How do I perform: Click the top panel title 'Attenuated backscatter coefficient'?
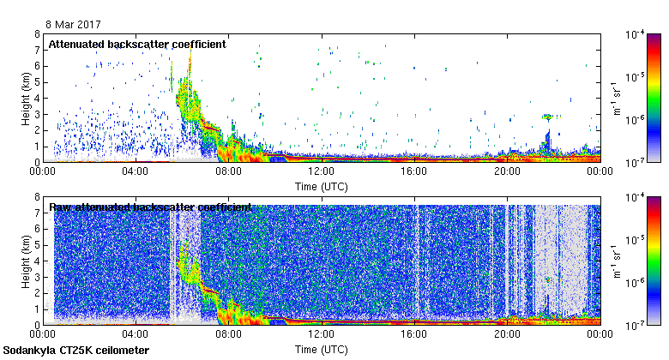point(137,44)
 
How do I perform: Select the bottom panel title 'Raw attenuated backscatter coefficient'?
point(150,207)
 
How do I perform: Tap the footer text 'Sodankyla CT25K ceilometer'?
point(76,351)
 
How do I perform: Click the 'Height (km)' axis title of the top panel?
point(27,98)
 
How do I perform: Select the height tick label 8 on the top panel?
point(36,34)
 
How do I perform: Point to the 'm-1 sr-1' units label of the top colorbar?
point(617,98)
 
